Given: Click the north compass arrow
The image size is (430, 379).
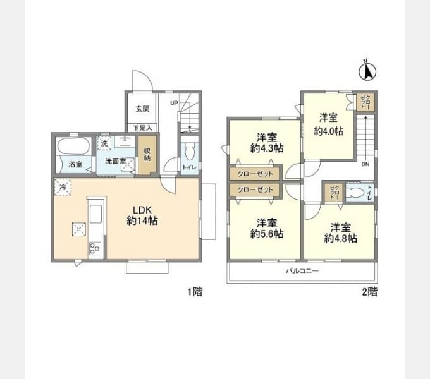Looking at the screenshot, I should [366, 71].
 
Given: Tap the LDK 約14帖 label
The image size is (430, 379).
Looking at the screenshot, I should [142, 215].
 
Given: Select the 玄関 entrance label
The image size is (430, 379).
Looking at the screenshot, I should [142, 109].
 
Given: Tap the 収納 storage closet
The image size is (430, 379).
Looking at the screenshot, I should [147, 154].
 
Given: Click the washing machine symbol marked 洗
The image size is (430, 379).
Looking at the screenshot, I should [104, 143].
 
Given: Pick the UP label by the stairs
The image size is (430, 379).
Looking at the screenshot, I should [173, 103].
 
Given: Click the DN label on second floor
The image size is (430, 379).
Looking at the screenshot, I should [365, 165].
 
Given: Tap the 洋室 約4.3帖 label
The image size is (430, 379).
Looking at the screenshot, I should [264, 143].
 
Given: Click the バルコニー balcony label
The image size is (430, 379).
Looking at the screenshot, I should [301, 270].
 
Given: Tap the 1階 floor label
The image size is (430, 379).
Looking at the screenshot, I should [194, 292].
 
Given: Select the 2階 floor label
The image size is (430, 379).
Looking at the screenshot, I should [369, 292].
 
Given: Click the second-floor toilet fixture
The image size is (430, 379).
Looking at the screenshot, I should [355, 192].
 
